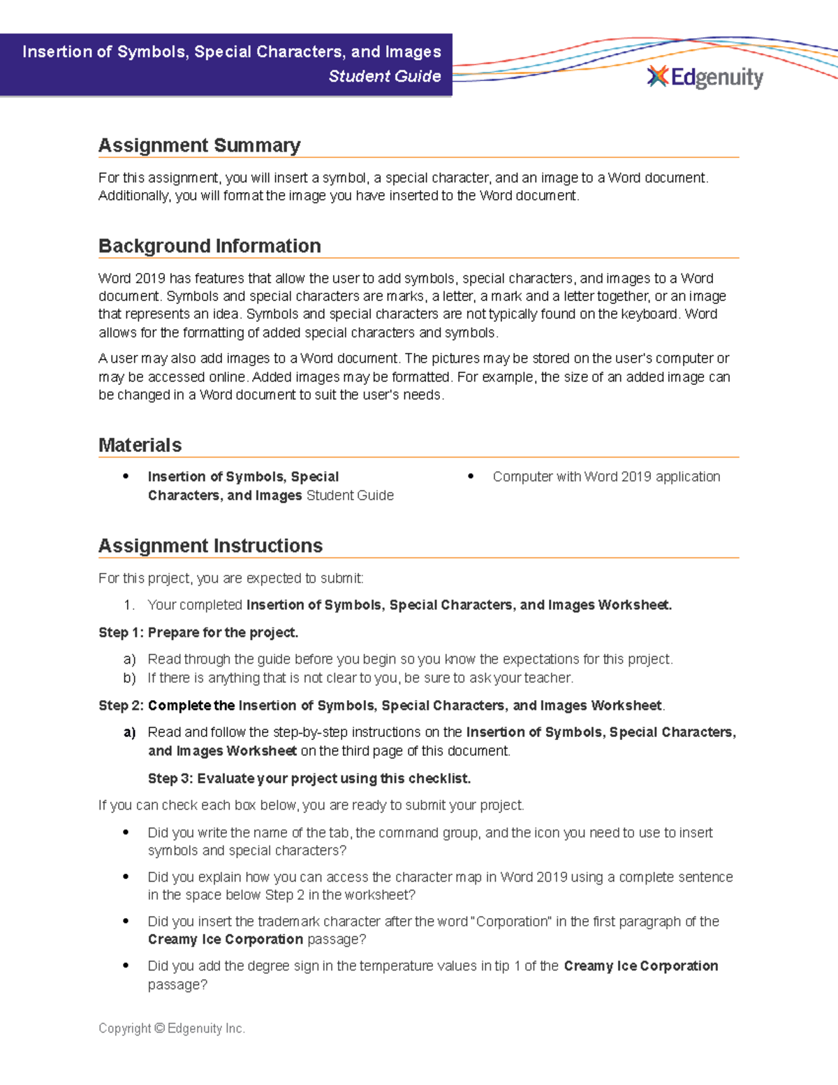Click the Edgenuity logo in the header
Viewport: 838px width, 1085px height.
click(705, 77)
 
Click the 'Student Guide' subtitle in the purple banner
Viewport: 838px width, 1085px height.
click(384, 76)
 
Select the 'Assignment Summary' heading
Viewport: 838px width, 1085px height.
click(199, 145)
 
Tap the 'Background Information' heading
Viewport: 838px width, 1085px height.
click(209, 246)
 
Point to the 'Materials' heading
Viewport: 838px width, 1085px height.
click(140, 445)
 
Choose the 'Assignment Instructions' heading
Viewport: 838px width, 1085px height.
click(210, 546)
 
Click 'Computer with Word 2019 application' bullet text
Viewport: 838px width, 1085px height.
click(606, 476)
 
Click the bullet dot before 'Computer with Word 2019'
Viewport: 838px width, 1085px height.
click(471, 476)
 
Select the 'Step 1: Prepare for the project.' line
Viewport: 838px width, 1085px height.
click(198, 632)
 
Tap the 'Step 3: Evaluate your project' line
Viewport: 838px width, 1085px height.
click(309, 778)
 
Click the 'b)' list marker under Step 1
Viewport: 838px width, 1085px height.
click(129, 678)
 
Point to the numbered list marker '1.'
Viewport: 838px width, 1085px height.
click(128, 605)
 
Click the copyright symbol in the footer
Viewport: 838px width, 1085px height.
click(159, 1028)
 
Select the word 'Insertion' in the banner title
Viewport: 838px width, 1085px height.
click(57, 52)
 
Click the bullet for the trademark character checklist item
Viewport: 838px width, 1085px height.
click(126, 921)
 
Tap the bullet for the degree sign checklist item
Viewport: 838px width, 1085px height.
click(126, 966)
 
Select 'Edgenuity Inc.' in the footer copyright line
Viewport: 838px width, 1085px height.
click(206, 1028)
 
